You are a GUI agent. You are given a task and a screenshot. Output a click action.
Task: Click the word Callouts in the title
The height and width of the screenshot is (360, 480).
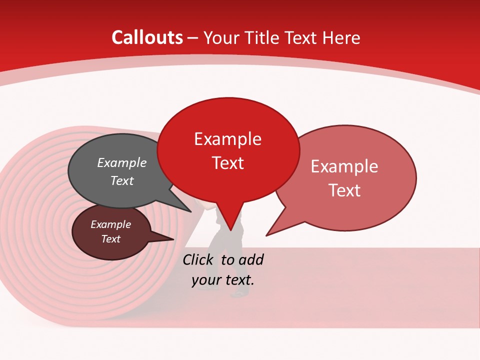click(x=147, y=37)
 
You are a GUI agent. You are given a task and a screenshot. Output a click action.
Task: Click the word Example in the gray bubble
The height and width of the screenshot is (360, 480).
click(x=121, y=162)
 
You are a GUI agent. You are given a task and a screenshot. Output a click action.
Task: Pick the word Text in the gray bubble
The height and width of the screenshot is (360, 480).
click(x=121, y=180)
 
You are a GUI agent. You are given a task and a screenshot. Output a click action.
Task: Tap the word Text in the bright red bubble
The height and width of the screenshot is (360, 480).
click(x=227, y=163)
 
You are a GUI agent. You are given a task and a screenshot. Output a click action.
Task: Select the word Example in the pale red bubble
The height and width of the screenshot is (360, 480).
click(x=344, y=166)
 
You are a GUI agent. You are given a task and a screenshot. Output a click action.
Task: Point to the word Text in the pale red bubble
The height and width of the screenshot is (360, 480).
click(x=344, y=190)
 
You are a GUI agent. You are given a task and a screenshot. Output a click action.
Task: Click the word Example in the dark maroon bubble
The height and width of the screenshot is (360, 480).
click(x=110, y=224)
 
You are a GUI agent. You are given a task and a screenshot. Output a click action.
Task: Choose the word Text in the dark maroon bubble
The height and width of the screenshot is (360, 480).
click(x=110, y=239)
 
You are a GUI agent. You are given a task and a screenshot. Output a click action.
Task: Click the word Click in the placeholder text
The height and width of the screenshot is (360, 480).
click(x=197, y=259)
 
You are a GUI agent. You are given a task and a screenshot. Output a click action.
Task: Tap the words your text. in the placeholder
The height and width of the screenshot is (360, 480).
click(x=223, y=280)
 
